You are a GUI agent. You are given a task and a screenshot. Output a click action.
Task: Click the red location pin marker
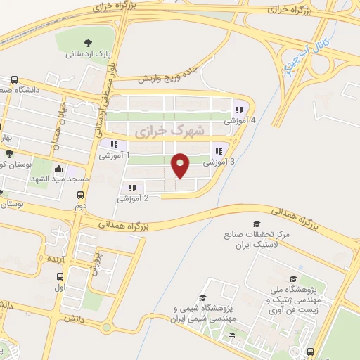click(181, 165)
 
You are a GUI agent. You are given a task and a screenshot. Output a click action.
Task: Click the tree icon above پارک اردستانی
click(87, 42)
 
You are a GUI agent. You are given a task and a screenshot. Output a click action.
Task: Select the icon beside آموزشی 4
click(239, 110)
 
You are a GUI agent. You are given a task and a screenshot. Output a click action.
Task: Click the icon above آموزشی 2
click(132, 187)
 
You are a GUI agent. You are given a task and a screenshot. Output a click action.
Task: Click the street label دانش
click(71, 319)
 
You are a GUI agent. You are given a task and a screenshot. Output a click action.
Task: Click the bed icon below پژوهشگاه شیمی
click(231, 335)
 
